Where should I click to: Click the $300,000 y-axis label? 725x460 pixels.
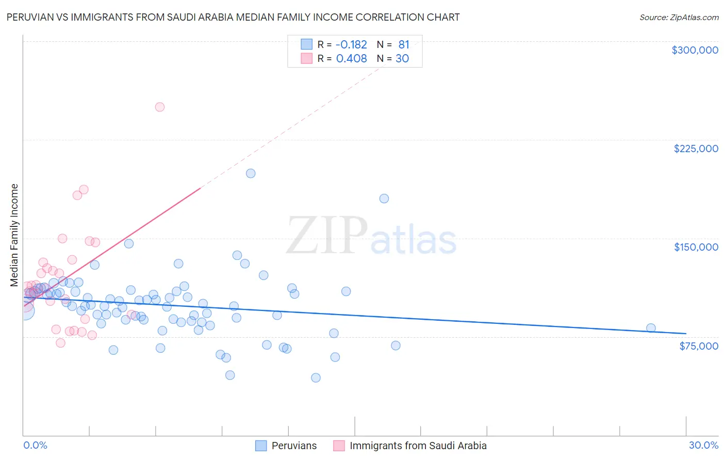click(695, 50)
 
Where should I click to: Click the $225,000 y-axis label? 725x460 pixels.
click(696, 149)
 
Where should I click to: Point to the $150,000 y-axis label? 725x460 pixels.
click(696, 247)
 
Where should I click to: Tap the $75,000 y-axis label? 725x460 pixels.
click(698, 346)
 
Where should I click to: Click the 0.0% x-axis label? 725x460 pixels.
click(35, 445)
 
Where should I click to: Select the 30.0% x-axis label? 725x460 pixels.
click(703, 445)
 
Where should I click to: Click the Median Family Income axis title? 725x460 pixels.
click(14, 235)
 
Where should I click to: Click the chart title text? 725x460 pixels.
click(233, 17)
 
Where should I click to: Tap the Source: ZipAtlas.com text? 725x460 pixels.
click(679, 18)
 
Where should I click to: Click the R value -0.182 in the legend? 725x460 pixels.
click(351, 45)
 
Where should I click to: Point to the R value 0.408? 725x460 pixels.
click(351, 59)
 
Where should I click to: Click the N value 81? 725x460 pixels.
click(403, 45)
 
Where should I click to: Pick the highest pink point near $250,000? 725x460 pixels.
click(160, 107)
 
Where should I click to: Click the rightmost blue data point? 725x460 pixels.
click(651, 328)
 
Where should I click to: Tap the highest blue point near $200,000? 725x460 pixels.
click(251, 173)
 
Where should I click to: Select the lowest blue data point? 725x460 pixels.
click(316, 377)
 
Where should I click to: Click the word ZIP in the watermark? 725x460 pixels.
click(327, 236)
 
